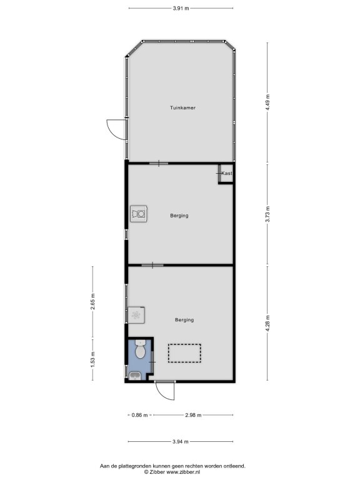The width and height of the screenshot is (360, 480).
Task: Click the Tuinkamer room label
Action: tap(182, 107)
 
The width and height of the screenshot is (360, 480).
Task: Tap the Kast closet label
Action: tap(227, 173)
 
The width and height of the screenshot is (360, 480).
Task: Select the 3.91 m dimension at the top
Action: tap(181, 8)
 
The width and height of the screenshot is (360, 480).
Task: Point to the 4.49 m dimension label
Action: tap(267, 102)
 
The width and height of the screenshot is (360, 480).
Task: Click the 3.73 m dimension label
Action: tap(267, 214)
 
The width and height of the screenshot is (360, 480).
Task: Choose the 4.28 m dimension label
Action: tap(267, 324)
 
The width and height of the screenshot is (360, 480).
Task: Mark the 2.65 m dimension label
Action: tap(92, 302)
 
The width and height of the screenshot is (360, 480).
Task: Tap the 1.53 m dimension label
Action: tap(92, 359)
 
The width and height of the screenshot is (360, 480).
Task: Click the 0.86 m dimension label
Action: tap(139, 415)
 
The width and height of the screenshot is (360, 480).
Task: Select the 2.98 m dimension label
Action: tap(193, 415)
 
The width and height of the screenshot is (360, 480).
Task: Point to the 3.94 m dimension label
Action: tap(181, 441)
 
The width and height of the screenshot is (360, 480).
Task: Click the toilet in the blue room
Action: tap(140, 349)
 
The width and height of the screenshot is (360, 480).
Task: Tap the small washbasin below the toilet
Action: tap(135, 376)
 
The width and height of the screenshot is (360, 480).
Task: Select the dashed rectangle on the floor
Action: tap(184, 353)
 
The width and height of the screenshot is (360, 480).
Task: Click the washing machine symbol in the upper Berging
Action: tap(139, 214)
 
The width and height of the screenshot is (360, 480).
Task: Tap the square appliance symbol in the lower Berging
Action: tap(136, 315)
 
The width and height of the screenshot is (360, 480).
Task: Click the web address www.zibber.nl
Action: tap(183, 472)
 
